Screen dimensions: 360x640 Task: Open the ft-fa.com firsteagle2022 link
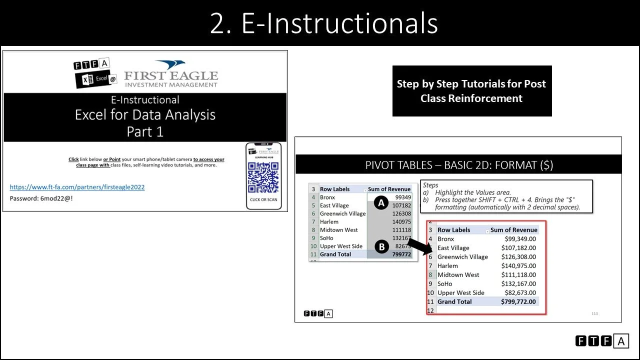coord(77,187)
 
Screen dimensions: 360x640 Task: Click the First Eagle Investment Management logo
coord(171,74)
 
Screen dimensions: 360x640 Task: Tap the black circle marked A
coord(381,202)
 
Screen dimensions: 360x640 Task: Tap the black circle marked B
coord(381,246)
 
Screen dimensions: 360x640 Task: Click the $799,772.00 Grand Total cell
coord(518,301)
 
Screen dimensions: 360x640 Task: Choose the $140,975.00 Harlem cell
coord(518,266)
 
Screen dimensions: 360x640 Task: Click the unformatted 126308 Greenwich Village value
coord(401,213)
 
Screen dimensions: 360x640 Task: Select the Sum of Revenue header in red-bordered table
coord(513,230)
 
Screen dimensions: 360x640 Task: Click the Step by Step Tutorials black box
coord(471,91)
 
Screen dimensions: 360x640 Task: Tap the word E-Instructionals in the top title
coord(339,23)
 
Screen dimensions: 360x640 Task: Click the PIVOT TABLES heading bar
coord(458,165)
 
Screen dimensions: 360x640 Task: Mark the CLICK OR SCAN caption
coord(263,199)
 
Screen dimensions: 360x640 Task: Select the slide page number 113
coord(594,313)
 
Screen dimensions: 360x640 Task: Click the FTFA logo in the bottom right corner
coord(602,341)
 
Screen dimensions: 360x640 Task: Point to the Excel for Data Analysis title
coord(145,114)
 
